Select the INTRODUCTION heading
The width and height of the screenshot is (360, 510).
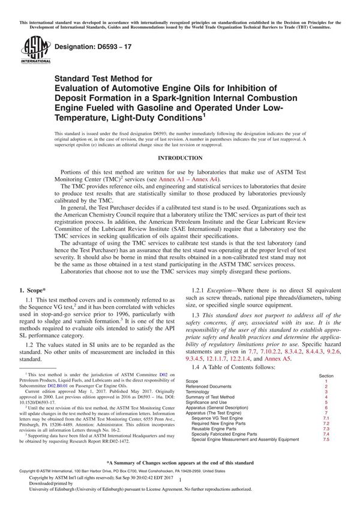click(x=179, y=157)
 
